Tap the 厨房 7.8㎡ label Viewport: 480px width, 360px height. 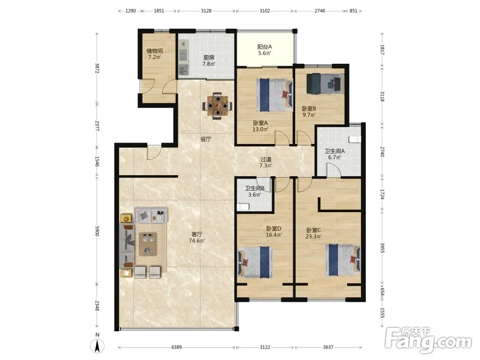tap(209, 60)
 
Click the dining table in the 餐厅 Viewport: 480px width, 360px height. tap(217, 106)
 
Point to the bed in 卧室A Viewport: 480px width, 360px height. tap(274, 95)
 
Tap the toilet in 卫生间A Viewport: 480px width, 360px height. tap(355, 139)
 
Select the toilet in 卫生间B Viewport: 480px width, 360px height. tap(243, 207)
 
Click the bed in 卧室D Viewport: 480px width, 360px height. tap(255, 263)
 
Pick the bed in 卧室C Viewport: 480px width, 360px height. tap(343, 260)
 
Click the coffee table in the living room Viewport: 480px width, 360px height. tap(148, 244)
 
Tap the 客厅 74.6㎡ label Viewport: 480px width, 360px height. tap(197, 237)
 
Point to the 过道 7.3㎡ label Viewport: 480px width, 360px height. tap(266, 162)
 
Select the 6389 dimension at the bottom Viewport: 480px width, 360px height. tap(176, 347)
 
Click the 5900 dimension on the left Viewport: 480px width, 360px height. tap(97, 231)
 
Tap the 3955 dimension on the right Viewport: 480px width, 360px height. tap(382, 248)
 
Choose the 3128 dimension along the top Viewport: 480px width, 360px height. tap(206, 11)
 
